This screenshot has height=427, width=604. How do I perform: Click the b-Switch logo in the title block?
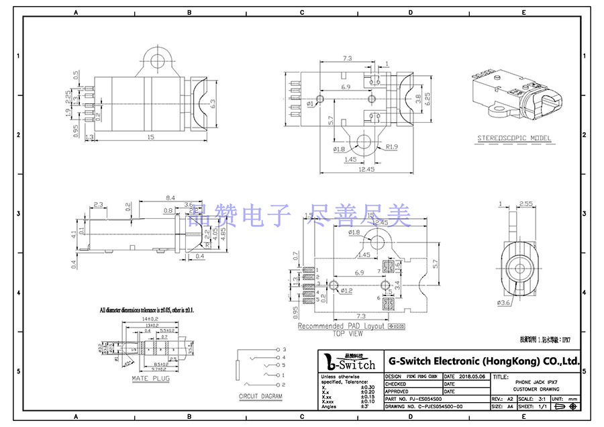coord(350,362)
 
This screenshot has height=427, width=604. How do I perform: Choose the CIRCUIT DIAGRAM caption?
coord(260,397)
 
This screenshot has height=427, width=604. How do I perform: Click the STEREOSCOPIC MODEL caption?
coord(514,139)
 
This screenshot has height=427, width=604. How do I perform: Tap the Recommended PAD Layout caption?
coord(342,326)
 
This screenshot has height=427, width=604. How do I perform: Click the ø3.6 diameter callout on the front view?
coord(505,303)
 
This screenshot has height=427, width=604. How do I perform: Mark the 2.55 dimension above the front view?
coord(525,203)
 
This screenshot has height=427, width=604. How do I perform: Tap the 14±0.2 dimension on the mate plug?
coord(148,320)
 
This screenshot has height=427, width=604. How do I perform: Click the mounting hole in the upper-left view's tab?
coord(158,62)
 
